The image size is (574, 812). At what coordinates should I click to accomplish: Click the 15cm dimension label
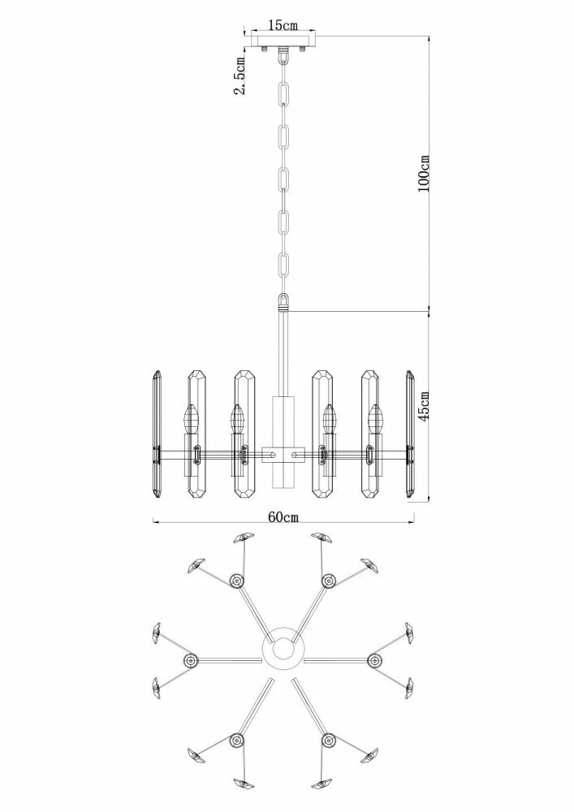pos(283,25)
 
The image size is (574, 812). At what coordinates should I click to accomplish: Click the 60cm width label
pos(283,516)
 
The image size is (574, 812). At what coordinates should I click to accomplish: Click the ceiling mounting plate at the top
pos(283,41)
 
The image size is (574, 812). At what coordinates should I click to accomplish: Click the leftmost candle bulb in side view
pos(192,419)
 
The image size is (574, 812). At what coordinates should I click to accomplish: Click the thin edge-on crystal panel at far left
pos(157,435)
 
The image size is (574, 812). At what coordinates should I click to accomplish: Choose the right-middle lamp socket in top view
pos(374,661)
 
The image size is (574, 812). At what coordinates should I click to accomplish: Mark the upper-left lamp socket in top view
pos(237,581)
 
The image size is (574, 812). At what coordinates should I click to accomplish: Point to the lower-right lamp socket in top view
pos(329,741)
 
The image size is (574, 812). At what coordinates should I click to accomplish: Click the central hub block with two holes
pos(283,454)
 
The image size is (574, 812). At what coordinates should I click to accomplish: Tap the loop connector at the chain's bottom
pos(283,301)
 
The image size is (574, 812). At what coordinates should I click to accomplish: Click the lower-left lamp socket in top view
pos(237,741)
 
